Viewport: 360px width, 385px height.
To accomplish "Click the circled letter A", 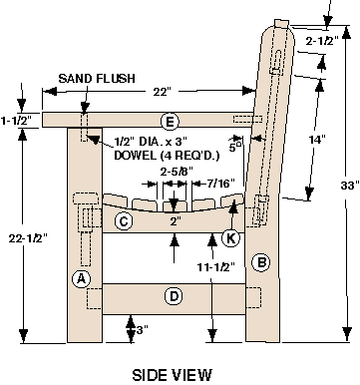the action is pyautogui.click(x=81, y=278).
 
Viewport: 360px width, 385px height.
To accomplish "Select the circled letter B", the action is pyautogui.click(x=261, y=262).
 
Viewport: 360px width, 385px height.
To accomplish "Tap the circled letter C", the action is pyautogui.click(x=124, y=221).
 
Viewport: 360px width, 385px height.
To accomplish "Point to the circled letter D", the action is pyautogui.click(x=174, y=296).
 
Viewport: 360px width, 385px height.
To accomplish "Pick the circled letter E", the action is pyautogui.click(x=170, y=121).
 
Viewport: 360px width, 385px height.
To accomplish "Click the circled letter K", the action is pyautogui.click(x=230, y=238).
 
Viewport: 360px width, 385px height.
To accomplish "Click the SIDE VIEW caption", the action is pyautogui.click(x=172, y=375).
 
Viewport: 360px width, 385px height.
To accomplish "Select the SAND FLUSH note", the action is pyautogui.click(x=97, y=79).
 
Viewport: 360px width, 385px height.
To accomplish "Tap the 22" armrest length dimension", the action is pyautogui.click(x=162, y=92).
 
